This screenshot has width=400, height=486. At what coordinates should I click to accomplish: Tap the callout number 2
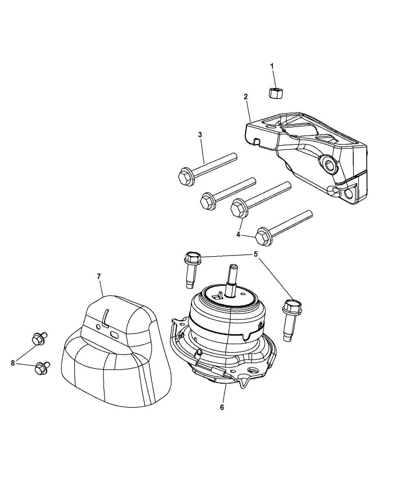click(246, 97)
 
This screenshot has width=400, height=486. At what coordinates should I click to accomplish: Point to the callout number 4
click(238, 234)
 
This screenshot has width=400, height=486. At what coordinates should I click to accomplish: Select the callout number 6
click(222, 407)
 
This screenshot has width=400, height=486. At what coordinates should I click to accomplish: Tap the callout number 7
click(99, 276)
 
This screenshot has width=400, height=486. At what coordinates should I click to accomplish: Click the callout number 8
click(13, 363)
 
